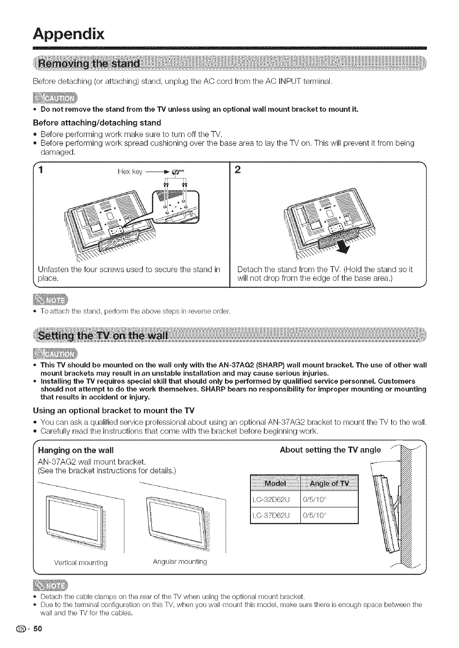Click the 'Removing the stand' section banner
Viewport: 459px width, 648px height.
[89, 64]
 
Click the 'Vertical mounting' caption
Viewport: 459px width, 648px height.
[81, 563]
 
